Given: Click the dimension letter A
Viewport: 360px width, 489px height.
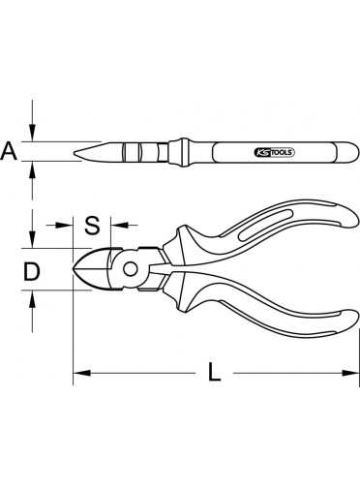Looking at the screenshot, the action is [x=9, y=151].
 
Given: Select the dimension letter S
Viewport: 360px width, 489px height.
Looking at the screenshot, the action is [x=92, y=225].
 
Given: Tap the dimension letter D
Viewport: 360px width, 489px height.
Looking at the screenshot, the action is [x=32, y=271].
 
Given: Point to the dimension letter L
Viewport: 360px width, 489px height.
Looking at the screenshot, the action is [x=214, y=372].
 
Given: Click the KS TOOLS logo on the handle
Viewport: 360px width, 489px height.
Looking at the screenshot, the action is [x=275, y=152].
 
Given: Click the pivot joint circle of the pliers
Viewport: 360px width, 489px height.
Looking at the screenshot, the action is [x=131, y=269].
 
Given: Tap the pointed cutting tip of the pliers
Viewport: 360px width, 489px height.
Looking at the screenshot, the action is [x=75, y=268].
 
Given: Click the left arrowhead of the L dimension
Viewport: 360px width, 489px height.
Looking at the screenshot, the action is [x=81, y=373].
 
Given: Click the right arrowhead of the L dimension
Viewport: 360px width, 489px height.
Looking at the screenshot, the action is [x=350, y=373].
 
